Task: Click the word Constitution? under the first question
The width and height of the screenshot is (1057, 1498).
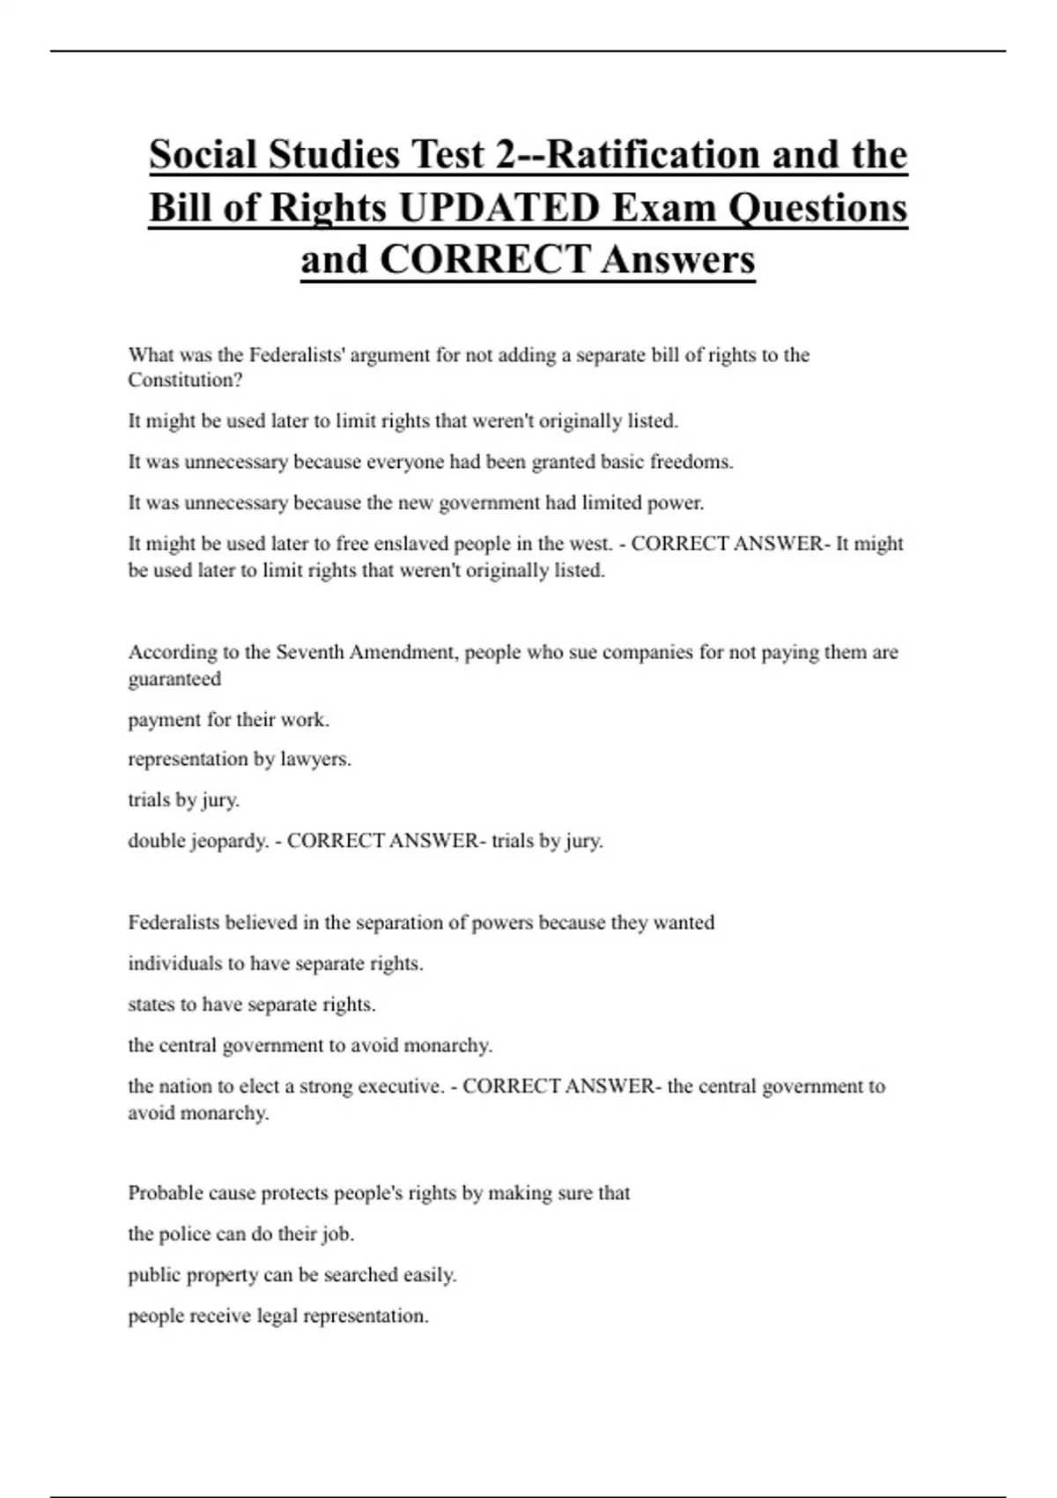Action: (185, 381)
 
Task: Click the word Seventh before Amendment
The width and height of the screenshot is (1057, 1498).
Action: (310, 653)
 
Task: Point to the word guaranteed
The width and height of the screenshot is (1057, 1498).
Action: (174, 679)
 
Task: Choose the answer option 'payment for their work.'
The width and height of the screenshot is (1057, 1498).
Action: (229, 720)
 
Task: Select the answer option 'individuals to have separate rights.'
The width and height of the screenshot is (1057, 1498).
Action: (276, 964)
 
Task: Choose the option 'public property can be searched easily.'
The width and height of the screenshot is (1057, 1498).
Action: (292, 1275)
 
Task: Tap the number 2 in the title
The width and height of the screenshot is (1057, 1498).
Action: (506, 155)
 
